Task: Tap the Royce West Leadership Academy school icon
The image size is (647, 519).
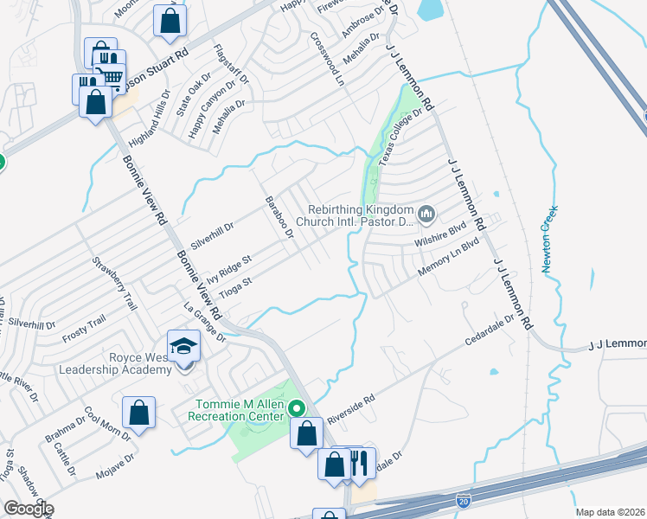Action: [183, 348]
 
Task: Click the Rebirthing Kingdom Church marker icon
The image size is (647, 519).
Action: [426, 214]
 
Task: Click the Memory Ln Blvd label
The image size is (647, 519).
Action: [447, 258]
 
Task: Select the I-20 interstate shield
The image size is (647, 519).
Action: [464, 500]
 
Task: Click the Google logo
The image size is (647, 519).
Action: [28, 509]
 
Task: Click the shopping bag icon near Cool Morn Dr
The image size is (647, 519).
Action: [138, 413]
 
